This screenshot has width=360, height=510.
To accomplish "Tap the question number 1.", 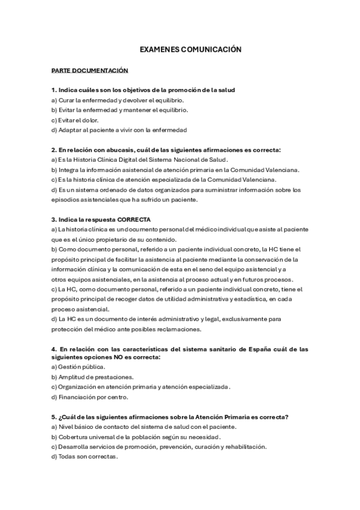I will tap(53, 90).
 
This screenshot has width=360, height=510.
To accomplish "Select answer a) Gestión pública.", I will tap(78, 367).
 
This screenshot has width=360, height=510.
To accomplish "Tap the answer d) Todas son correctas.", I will tap(85, 456).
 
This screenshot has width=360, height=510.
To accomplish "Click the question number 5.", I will tap(53, 417).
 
